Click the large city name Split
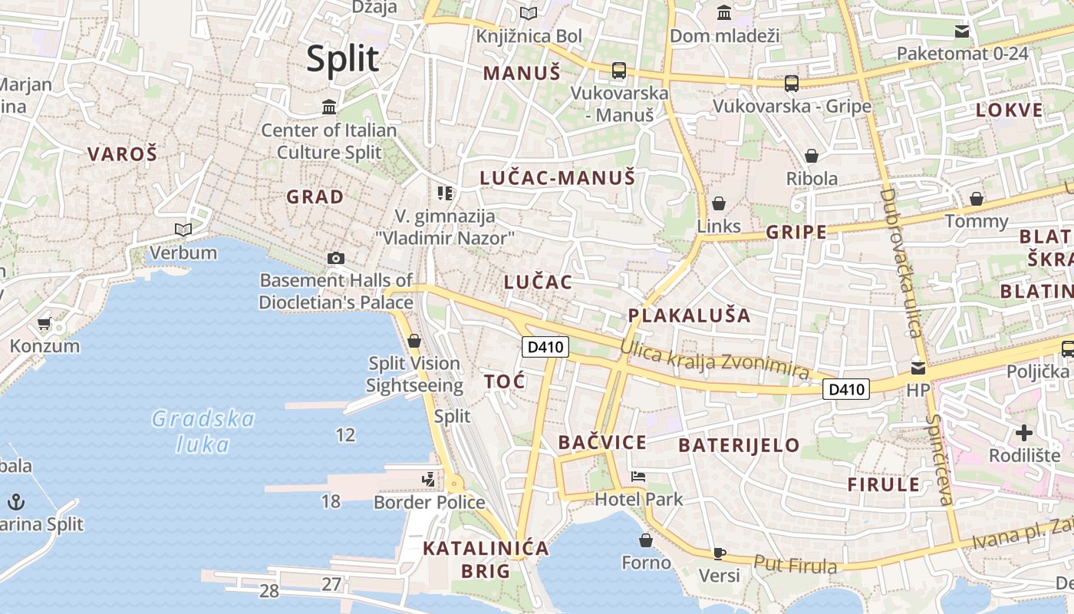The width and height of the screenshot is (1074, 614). pyautogui.click(x=343, y=59)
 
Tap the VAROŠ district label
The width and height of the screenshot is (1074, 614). pyautogui.click(x=122, y=154)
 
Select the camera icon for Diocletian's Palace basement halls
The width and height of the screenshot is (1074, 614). pyautogui.click(x=335, y=258)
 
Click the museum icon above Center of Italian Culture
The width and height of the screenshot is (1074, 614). pyautogui.click(x=330, y=107)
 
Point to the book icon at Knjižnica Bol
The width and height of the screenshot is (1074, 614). pyautogui.click(x=529, y=13)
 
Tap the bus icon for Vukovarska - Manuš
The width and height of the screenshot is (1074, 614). pyautogui.click(x=619, y=71)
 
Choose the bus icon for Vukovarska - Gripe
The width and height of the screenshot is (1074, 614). pyautogui.click(x=792, y=83)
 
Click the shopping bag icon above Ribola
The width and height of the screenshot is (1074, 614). pyautogui.click(x=812, y=156)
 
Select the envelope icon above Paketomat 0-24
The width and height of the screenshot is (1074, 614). pyautogui.click(x=962, y=31)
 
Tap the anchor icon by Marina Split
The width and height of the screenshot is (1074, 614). pyautogui.click(x=16, y=503)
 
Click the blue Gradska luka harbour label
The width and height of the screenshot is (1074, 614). pyautogui.click(x=203, y=431)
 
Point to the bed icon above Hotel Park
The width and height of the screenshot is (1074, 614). pyautogui.click(x=638, y=477)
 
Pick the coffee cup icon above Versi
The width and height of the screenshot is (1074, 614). pyautogui.click(x=719, y=553)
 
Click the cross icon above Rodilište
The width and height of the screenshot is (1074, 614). pyautogui.click(x=1024, y=433)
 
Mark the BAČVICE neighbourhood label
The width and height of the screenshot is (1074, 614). pyautogui.click(x=602, y=442)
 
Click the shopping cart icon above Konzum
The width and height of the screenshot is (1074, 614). pyautogui.click(x=44, y=324)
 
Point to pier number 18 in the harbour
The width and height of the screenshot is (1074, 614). pyautogui.click(x=331, y=501)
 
